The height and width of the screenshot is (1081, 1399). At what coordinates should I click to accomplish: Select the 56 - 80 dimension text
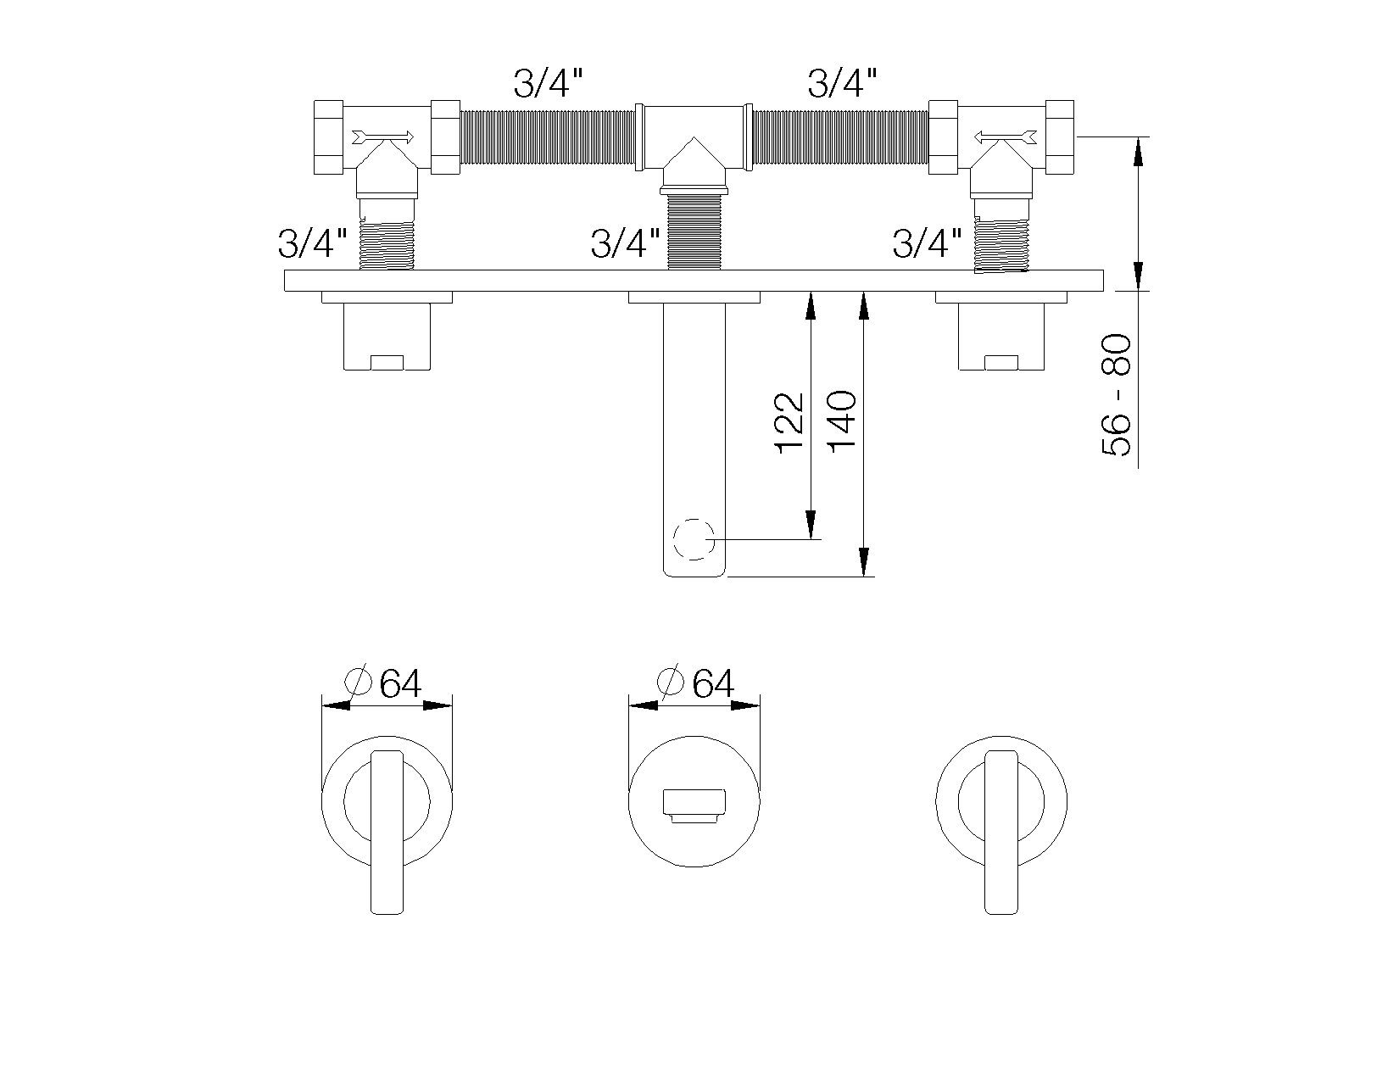pos(1117,396)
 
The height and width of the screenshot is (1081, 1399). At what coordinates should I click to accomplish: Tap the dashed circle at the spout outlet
pos(694,539)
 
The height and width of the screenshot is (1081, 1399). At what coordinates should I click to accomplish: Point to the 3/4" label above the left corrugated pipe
pos(549,83)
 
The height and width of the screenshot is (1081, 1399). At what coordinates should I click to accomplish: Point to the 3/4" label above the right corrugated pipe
pos(842,83)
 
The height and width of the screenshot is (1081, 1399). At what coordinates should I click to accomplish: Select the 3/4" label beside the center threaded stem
pos(625,244)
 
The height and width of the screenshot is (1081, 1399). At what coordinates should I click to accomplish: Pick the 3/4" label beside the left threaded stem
pos(312,244)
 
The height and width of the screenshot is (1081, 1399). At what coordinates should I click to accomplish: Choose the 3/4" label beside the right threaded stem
pos(928,244)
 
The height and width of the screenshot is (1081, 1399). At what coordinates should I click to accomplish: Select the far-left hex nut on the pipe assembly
pos(328,137)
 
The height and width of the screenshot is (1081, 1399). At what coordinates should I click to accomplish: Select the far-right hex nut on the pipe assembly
pos(1061,137)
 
